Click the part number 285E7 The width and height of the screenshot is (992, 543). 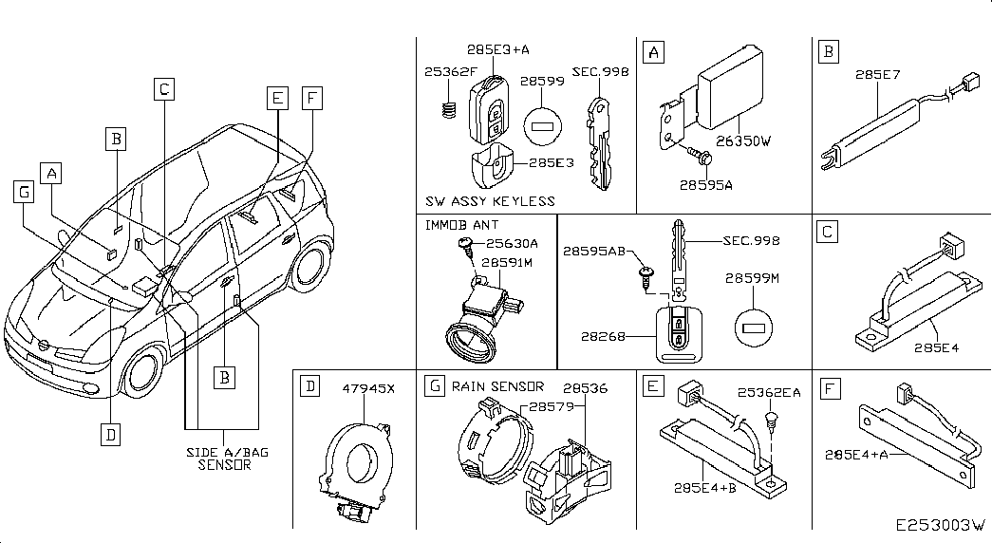[x=877, y=75]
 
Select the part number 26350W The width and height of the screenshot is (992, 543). [x=743, y=141]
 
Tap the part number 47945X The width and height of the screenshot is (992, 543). [x=368, y=388]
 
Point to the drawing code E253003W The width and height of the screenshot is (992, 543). [x=941, y=525]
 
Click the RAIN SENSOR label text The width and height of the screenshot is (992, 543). [x=497, y=386]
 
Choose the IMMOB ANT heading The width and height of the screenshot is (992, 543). [x=461, y=225]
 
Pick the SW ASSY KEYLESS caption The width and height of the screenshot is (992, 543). [x=490, y=201]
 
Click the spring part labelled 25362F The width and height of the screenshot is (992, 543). [x=449, y=109]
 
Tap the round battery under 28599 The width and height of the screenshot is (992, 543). [x=543, y=126]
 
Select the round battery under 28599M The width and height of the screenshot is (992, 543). [x=754, y=328]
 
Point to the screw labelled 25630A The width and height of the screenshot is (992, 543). [x=466, y=246]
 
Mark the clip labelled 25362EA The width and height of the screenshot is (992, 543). [x=771, y=421]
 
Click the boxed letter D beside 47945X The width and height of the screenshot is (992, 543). [x=310, y=385]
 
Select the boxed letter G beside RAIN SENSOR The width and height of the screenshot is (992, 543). [x=434, y=385]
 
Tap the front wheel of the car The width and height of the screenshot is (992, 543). [x=143, y=373]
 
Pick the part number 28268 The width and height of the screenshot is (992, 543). [x=603, y=337]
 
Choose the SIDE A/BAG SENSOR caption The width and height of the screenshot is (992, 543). [x=227, y=459]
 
